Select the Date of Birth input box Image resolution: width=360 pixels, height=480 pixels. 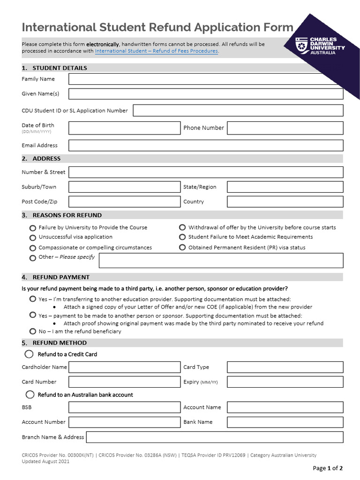124,128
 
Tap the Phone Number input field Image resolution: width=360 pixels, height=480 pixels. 285,128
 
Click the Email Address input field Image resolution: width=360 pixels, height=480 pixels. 206,145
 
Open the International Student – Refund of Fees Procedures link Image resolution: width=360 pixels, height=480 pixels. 156,51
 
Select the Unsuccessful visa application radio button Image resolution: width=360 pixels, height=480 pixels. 33,238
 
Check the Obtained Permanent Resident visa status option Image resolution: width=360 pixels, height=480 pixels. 182,247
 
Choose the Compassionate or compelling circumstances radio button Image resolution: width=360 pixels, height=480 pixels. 33,248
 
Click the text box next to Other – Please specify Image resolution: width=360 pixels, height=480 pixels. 221,261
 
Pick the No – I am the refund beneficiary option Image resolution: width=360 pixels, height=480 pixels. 33,331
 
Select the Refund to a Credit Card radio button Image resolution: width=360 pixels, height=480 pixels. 30,354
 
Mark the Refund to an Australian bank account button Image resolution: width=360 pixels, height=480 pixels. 30,395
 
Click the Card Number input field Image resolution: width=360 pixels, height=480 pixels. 124,382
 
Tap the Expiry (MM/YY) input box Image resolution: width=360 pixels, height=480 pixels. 285,382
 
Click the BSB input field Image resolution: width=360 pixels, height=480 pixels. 124,407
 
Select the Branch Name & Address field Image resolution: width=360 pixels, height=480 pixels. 215,437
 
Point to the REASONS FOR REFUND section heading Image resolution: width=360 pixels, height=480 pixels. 67,215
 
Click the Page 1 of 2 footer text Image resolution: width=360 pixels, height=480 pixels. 328,468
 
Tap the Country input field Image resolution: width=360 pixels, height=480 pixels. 285,202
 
